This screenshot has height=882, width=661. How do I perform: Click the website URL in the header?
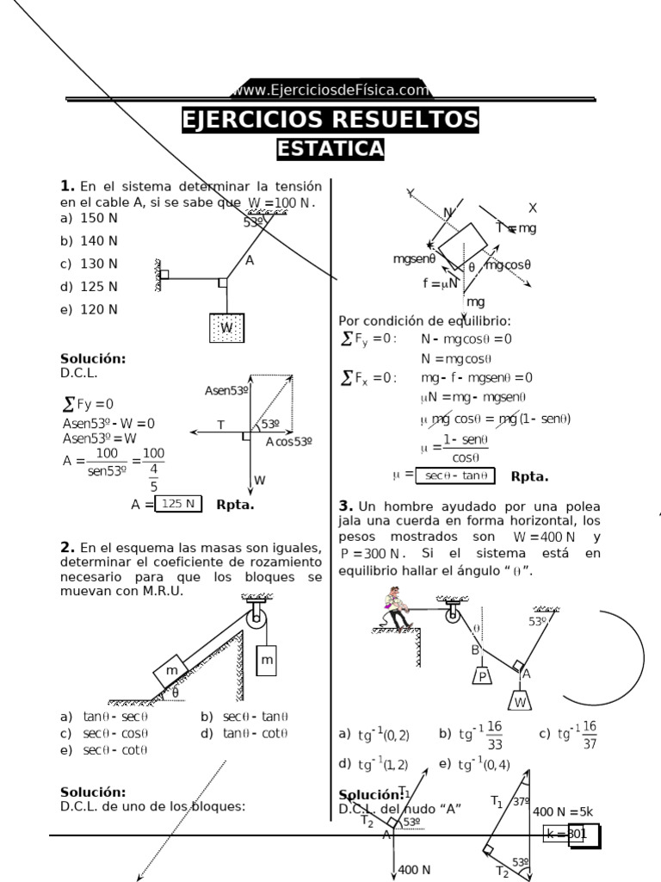330,90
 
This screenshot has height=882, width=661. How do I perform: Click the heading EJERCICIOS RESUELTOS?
330,119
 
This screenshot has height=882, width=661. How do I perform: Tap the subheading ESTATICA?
330,149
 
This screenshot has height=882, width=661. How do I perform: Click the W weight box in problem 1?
226,328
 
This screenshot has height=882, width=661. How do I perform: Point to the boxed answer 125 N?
179,504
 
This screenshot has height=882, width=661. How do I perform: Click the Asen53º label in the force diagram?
226,390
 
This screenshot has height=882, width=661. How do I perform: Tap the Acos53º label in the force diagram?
289,442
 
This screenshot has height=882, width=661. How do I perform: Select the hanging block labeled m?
267,660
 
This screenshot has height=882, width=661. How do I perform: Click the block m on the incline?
172,670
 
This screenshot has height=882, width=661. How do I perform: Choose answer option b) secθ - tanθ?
244,716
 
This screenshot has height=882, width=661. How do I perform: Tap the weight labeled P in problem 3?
484,677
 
